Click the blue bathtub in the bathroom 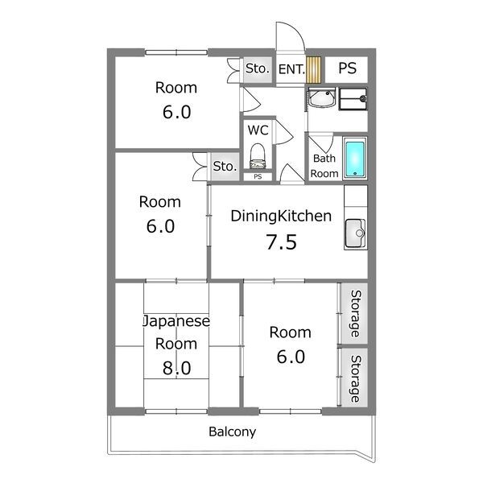point(354,159)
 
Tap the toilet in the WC point(258,155)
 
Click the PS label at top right point(347,68)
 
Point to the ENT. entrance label point(291,69)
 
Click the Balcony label point(233,431)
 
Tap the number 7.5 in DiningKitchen point(281,241)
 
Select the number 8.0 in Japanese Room point(176,369)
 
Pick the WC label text point(258,129)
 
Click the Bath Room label point(324,166)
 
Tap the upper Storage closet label point(354,312)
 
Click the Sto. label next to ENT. point(257,69)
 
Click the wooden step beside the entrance point(314,69)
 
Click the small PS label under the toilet point(258,176)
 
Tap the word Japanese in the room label point(176,321)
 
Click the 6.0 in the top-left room point(176,112)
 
